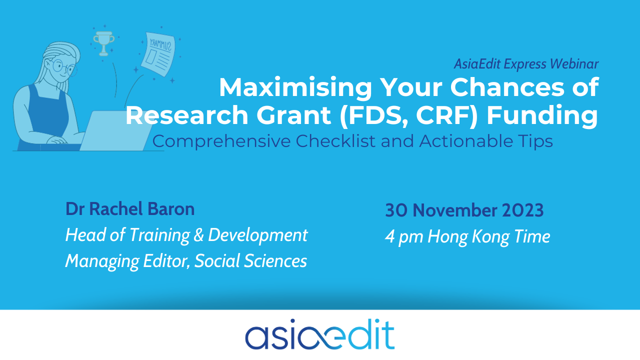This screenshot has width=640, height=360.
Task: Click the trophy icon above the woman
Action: coord(103,43)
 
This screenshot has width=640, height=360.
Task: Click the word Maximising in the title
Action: coord(295,88)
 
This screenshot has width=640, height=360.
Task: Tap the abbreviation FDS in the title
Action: coord(377,115)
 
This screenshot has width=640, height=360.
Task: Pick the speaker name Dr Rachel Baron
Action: coord(130,209)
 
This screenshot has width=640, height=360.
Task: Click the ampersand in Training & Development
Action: coord(199,235)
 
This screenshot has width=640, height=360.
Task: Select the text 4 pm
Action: coord(404,237)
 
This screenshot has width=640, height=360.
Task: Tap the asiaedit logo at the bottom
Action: coord(320,334)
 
